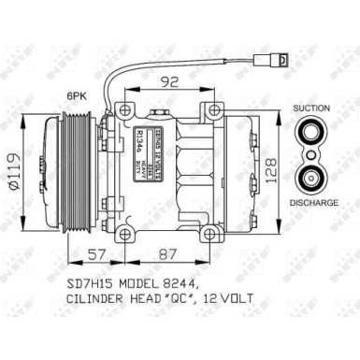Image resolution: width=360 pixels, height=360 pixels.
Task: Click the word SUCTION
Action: [310, 109]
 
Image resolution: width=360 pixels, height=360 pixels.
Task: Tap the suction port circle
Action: [310, 136]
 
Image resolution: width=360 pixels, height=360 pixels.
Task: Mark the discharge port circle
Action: [310, 180]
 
